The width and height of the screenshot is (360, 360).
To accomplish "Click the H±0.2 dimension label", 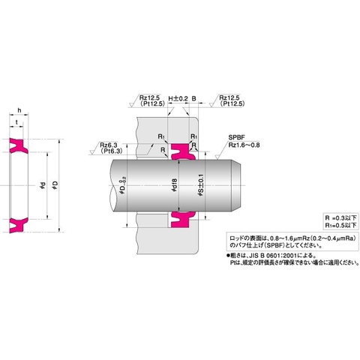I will tap(176, 98).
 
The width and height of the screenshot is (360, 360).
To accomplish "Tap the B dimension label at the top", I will tap(193, 98).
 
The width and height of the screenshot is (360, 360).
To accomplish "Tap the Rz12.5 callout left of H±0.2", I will tap(151, 98).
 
